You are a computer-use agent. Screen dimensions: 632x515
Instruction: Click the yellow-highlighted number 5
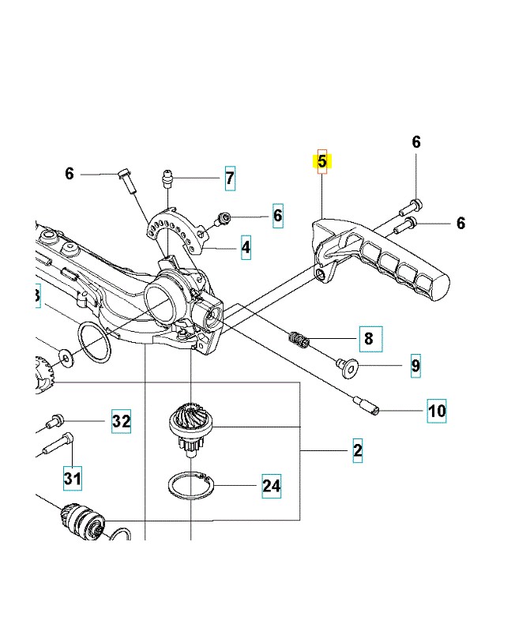coord(321,162)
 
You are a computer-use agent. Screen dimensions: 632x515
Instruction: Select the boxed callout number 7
coord(229,178)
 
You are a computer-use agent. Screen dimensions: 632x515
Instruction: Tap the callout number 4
coord(246,247)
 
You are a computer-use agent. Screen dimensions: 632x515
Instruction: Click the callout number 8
coord(367,340)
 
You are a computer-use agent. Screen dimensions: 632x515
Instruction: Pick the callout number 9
coord(415,367)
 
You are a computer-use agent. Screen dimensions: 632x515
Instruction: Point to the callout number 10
coord(437,411)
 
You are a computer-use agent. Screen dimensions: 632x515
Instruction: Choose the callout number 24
coord(271,485)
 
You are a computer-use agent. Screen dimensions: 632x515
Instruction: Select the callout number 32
coord(120,421)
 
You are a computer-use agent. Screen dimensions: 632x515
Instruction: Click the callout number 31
coord(73,478)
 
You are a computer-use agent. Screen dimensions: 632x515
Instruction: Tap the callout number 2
coord(357,451)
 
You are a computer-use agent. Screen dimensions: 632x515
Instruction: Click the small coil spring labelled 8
coord(297,339)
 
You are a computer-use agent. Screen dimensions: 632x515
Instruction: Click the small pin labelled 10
coord(368,406)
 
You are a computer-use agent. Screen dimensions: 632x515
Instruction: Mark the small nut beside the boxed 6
coord(225,216)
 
